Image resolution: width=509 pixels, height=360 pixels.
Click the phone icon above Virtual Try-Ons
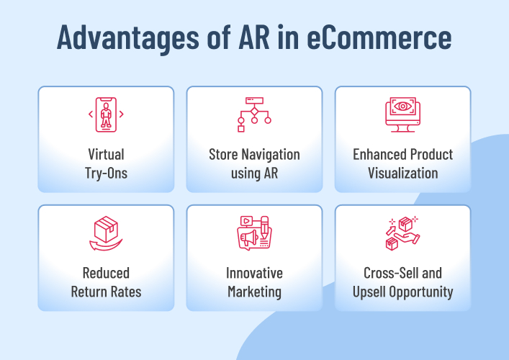tap(106, 114)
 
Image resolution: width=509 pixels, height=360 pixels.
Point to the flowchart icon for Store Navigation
tap(254, 114)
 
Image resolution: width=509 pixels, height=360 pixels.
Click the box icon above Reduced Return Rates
tap(106, 233)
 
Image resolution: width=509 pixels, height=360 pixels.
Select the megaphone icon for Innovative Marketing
tap(254, 233)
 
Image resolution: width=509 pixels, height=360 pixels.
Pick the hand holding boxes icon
tap(402, 233)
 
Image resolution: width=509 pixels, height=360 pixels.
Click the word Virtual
tap(106, 154)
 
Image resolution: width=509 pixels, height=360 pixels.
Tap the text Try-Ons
tap(106, 173)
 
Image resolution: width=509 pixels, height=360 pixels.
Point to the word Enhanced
tap(379, 154)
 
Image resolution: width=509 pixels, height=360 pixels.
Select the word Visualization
tap(402, 173)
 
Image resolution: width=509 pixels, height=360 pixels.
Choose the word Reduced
tap(106, 273)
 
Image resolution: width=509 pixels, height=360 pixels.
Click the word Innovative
tap(254, 273)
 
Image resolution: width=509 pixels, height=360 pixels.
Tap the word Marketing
tap(254, 292)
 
